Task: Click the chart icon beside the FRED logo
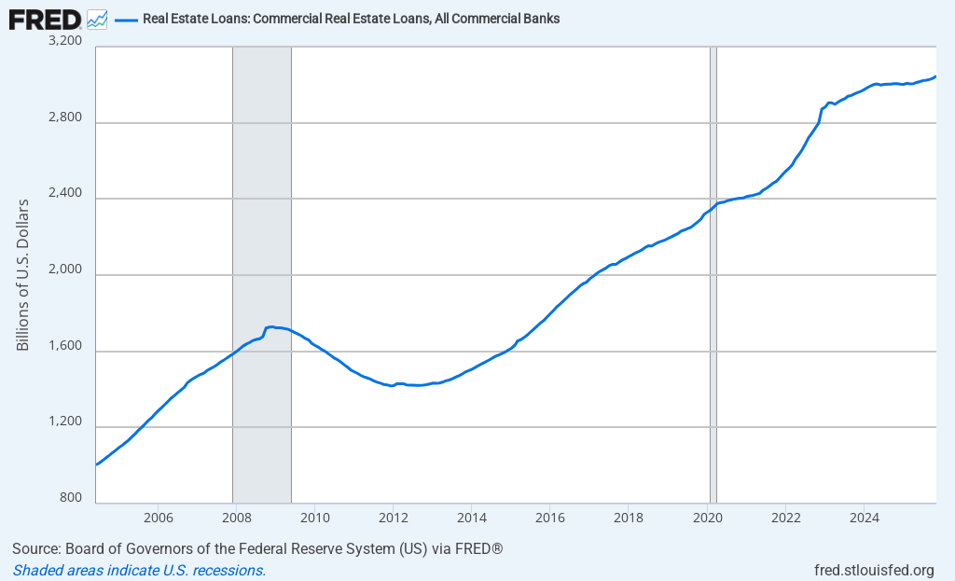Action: pyautogui.click(x=97, y=19)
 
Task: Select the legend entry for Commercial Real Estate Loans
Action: pyautogui.click(x=351, y=19)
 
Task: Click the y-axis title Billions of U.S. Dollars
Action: pyautogui.click(x=23, y=275)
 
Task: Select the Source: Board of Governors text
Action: pyautogui.click(x=257, y=548)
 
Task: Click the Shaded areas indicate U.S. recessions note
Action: pyautogui.click(x=139, y=570)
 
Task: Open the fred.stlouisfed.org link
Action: pyautogui.click(x=874, y=570)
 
